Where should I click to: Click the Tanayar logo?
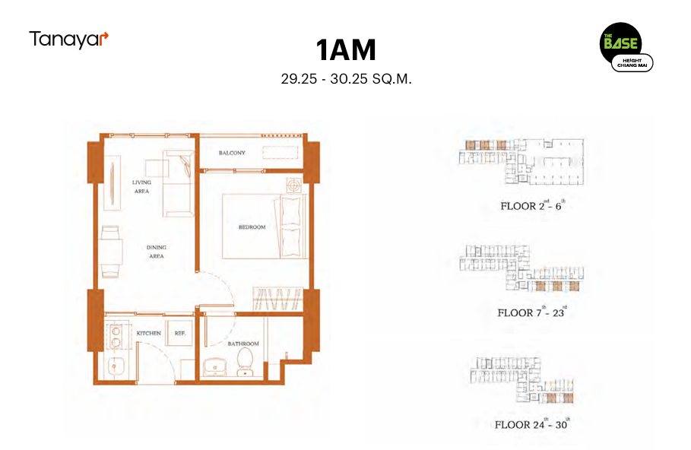click(68, 40)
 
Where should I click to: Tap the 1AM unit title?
click(346, 50)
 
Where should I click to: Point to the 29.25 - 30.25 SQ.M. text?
click(346, 79)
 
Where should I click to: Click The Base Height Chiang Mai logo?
click(626, 47)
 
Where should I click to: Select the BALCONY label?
click(232, 153)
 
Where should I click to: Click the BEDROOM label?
click(252, 227)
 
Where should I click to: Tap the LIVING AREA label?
click(141, 186)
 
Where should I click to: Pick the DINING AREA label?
click(156, 252)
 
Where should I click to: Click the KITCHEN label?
click(148, 333)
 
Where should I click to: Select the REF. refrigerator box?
click(180, 333)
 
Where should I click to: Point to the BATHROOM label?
click(243, 344)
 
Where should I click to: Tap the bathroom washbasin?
click(214, 367)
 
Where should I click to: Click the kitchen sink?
click(116, 366)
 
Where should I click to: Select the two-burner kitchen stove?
click(116, 337)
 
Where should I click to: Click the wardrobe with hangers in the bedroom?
click(277, 299)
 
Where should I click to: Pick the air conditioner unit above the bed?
click(294, 185)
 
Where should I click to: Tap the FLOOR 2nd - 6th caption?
click(532, 205)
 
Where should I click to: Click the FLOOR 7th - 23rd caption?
click(532, 312)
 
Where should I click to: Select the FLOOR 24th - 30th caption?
click(532, 424)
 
